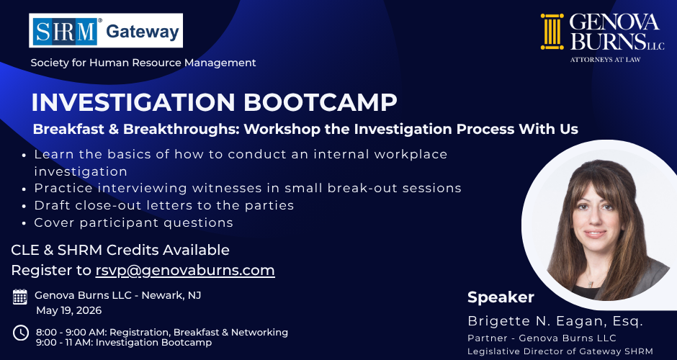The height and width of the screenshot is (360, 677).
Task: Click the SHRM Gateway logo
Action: coord(106,30)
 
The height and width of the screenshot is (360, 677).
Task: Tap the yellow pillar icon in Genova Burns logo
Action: coord(552,32)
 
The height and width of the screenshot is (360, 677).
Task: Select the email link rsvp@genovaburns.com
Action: coord(185,271)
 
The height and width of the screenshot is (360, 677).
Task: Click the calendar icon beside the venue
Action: coord(20,297)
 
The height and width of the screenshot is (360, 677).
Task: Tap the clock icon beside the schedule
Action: coord(21,333)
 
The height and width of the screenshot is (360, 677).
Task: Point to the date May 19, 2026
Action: coord(68,310)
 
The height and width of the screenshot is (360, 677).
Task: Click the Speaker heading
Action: coord(501,297)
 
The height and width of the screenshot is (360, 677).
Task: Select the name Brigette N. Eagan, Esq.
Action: coord(555,320)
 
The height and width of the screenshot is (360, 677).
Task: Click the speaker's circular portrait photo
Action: coord(599,220)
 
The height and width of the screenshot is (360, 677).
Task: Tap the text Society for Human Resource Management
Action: coord(143,63)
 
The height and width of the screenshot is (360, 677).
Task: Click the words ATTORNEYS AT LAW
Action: coord(605,59)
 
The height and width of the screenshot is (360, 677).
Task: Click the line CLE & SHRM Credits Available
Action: coord(120,250)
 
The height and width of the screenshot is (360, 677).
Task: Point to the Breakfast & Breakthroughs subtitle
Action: coord(305,129)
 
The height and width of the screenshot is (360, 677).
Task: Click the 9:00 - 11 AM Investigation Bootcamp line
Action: coord(123,343)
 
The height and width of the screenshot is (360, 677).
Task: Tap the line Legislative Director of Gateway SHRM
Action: coord(560,351)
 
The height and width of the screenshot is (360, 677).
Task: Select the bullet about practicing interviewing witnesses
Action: coord(247,188)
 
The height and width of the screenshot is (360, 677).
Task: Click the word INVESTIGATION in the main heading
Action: coord(133,102)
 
